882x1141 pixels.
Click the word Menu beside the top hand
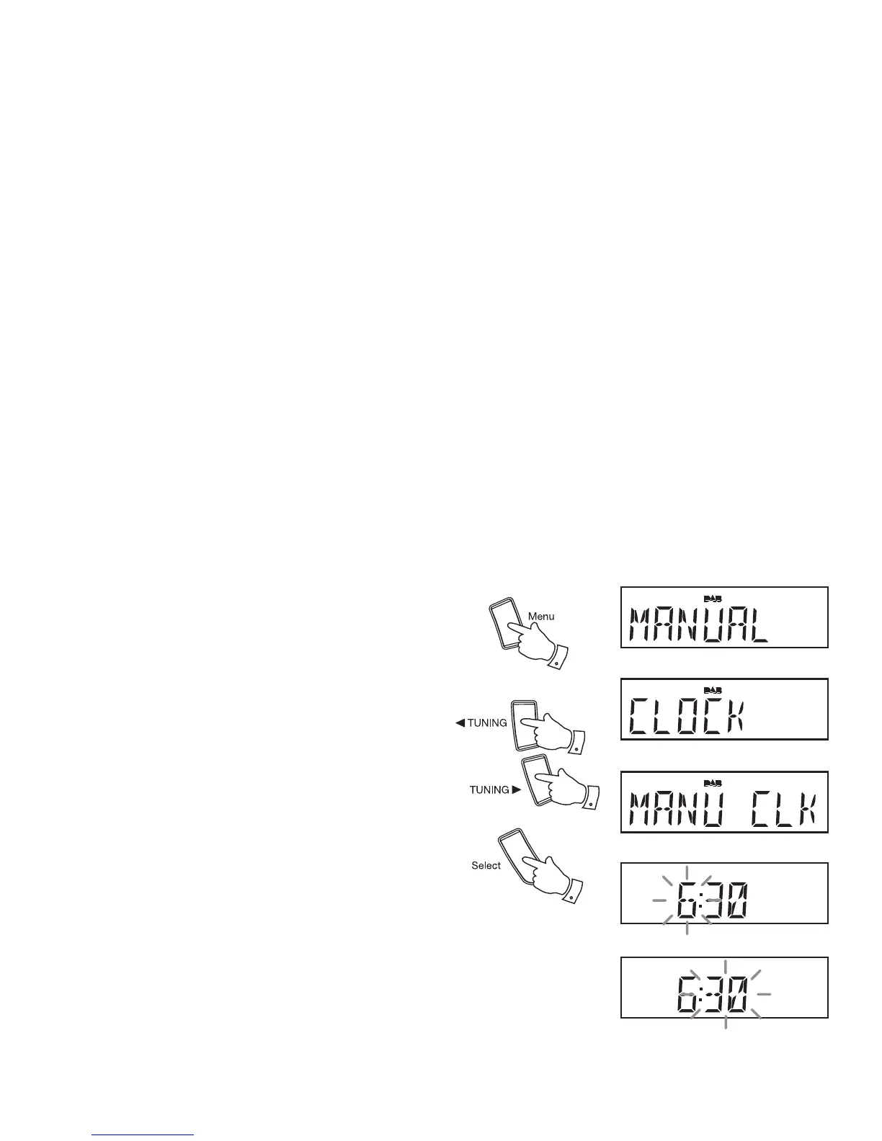[541, 617]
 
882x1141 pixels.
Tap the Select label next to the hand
[486, 865]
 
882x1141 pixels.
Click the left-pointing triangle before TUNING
[460, 723]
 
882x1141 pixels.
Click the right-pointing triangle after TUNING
[516, 790]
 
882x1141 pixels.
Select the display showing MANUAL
[724, 617]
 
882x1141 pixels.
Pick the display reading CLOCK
[724, 709]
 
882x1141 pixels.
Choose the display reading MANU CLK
[724, 802]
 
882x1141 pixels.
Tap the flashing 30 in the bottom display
[726, 994]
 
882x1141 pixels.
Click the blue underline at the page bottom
[143, 1135]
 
